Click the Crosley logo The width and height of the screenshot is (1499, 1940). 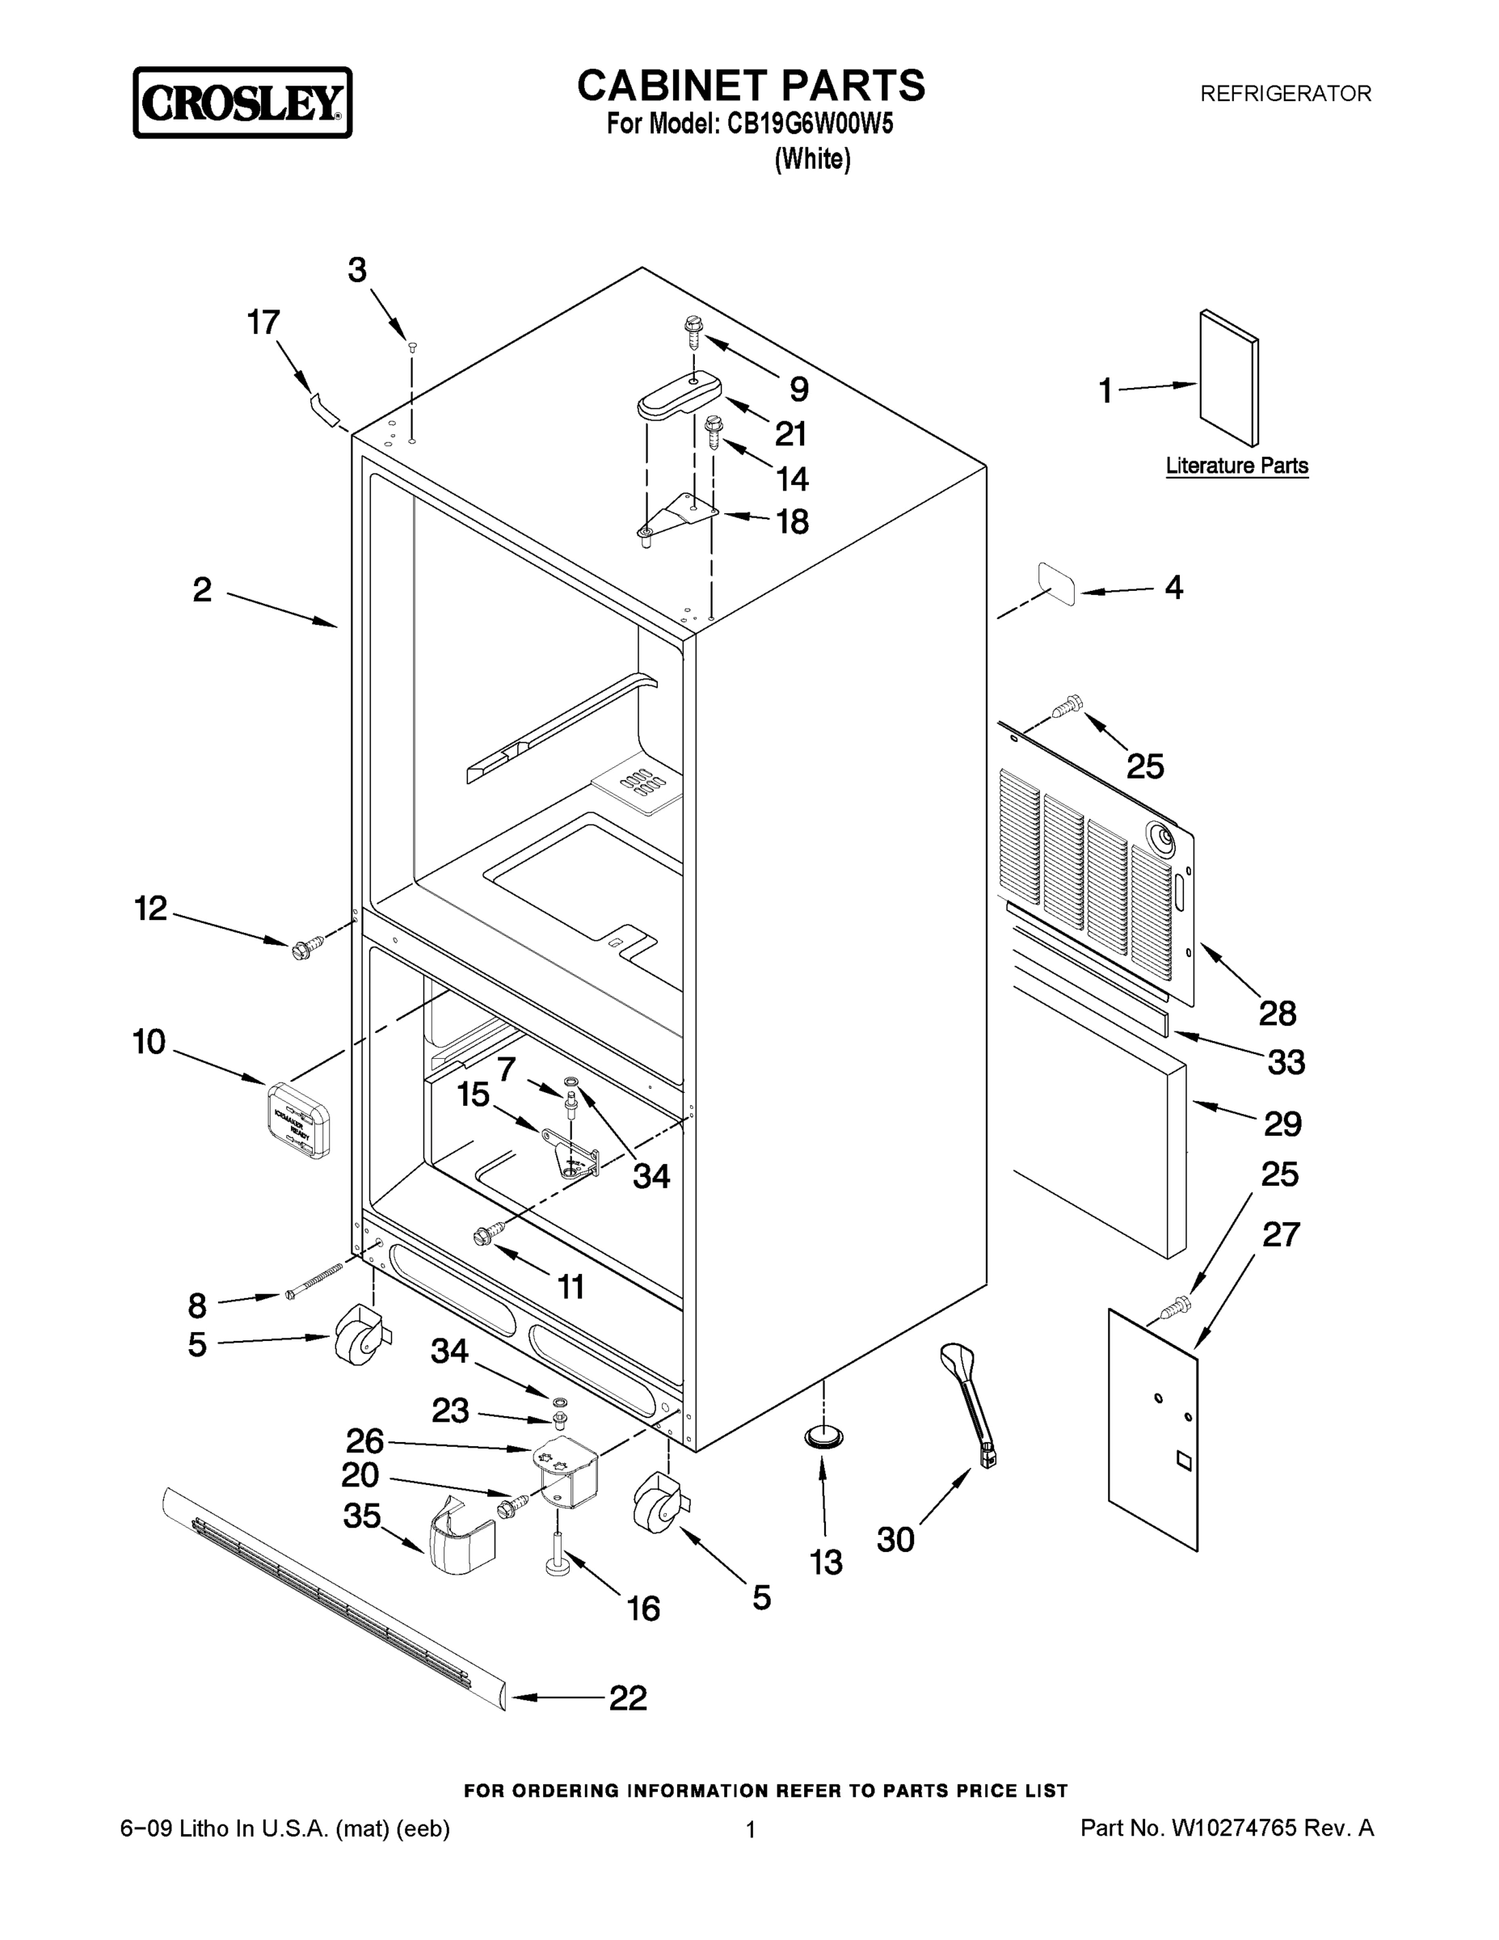(242, 103)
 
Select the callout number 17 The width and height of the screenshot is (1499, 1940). (263, 323)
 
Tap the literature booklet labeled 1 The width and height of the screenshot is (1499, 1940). (1228, 377)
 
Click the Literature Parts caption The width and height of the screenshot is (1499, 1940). (1236, 466)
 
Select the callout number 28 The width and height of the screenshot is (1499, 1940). (1277, 1012)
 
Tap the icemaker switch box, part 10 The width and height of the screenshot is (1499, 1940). (298, 1120)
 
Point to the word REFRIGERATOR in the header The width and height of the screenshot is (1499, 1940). (1285, 93)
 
